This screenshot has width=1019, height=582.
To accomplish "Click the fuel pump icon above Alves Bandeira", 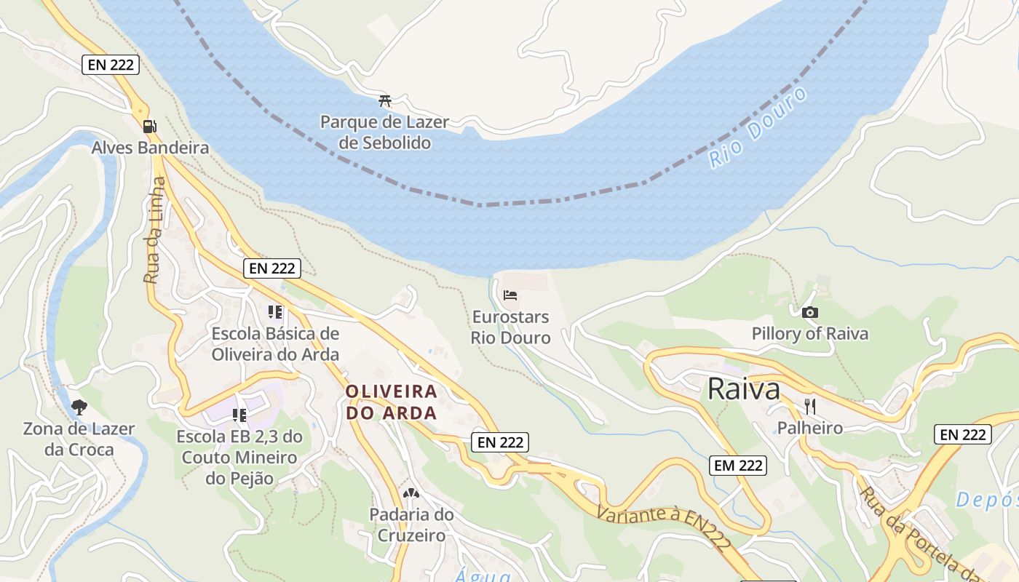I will pyautogui.click(x=149, y=126).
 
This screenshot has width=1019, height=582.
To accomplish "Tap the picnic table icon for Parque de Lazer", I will pyautogui.click(x=385, y=101).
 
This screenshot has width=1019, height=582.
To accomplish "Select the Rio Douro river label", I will pyautogui.click(x=758, y=129).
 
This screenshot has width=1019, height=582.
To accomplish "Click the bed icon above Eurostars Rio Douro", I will pyautogui.click(x=510, y=295).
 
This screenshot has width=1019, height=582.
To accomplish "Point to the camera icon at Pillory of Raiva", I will pyautogui.click(x=809, y=312).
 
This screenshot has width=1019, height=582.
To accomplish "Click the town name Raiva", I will pyautogui.click(x=743, y=389).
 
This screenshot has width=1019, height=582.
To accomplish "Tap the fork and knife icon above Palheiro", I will pyautogui.click(x=809, y=406).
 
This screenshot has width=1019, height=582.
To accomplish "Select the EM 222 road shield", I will pyautogui.click(x=738, y=466).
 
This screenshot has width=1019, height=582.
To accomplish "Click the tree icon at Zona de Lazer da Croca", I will pyautogui.click(x=79, y=407).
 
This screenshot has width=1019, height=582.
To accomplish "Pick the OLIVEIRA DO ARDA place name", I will pyautogui.click(x=392, y=402).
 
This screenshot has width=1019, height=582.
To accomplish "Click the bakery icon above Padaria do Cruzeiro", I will pyautogui.click(x=411, y=493).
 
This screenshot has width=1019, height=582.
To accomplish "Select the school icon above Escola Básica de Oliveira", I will pyautogui.click(x=274, y=312).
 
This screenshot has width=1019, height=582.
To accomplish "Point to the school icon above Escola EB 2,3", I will pyautogui.click(x=239, y=415).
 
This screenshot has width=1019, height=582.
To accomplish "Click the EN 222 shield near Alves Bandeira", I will pyautogui.click(x=110, y=64).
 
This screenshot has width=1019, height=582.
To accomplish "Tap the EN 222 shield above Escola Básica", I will pyautogui.click(x=271, y=268).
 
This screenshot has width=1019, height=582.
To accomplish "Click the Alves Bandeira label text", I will pyautogui.click(x=150, y=148).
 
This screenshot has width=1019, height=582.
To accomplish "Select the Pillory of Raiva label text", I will pyautogui.click(x=809, y=334).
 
